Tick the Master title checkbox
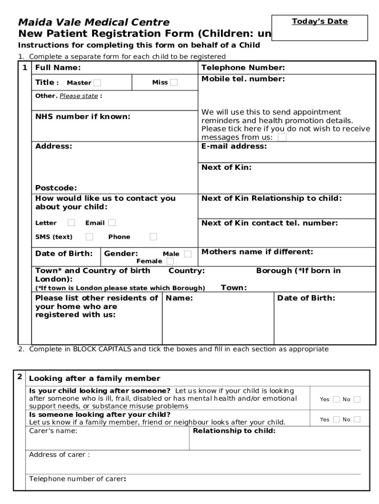coord(97,83)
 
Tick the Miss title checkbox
coord(174,83)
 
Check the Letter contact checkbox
coord(71,223)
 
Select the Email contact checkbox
coord(112,223)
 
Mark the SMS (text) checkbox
coord(89,237)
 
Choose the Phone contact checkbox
coord(154,237)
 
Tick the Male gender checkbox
coord(188,254)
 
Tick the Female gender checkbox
coord(170,261)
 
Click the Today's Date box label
coord(319,22)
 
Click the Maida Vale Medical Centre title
coord(94,22)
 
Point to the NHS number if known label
coord(83,117)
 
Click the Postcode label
coord(56,188)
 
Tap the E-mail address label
coord(234,146)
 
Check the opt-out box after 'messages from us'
coord(282,137)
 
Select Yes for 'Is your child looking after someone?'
coord(337,399)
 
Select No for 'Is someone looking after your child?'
coord(357,419)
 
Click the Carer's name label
coord(53,431)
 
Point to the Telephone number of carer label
coord(77,479)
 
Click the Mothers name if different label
coord(257,252)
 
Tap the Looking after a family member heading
coord(95,378)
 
